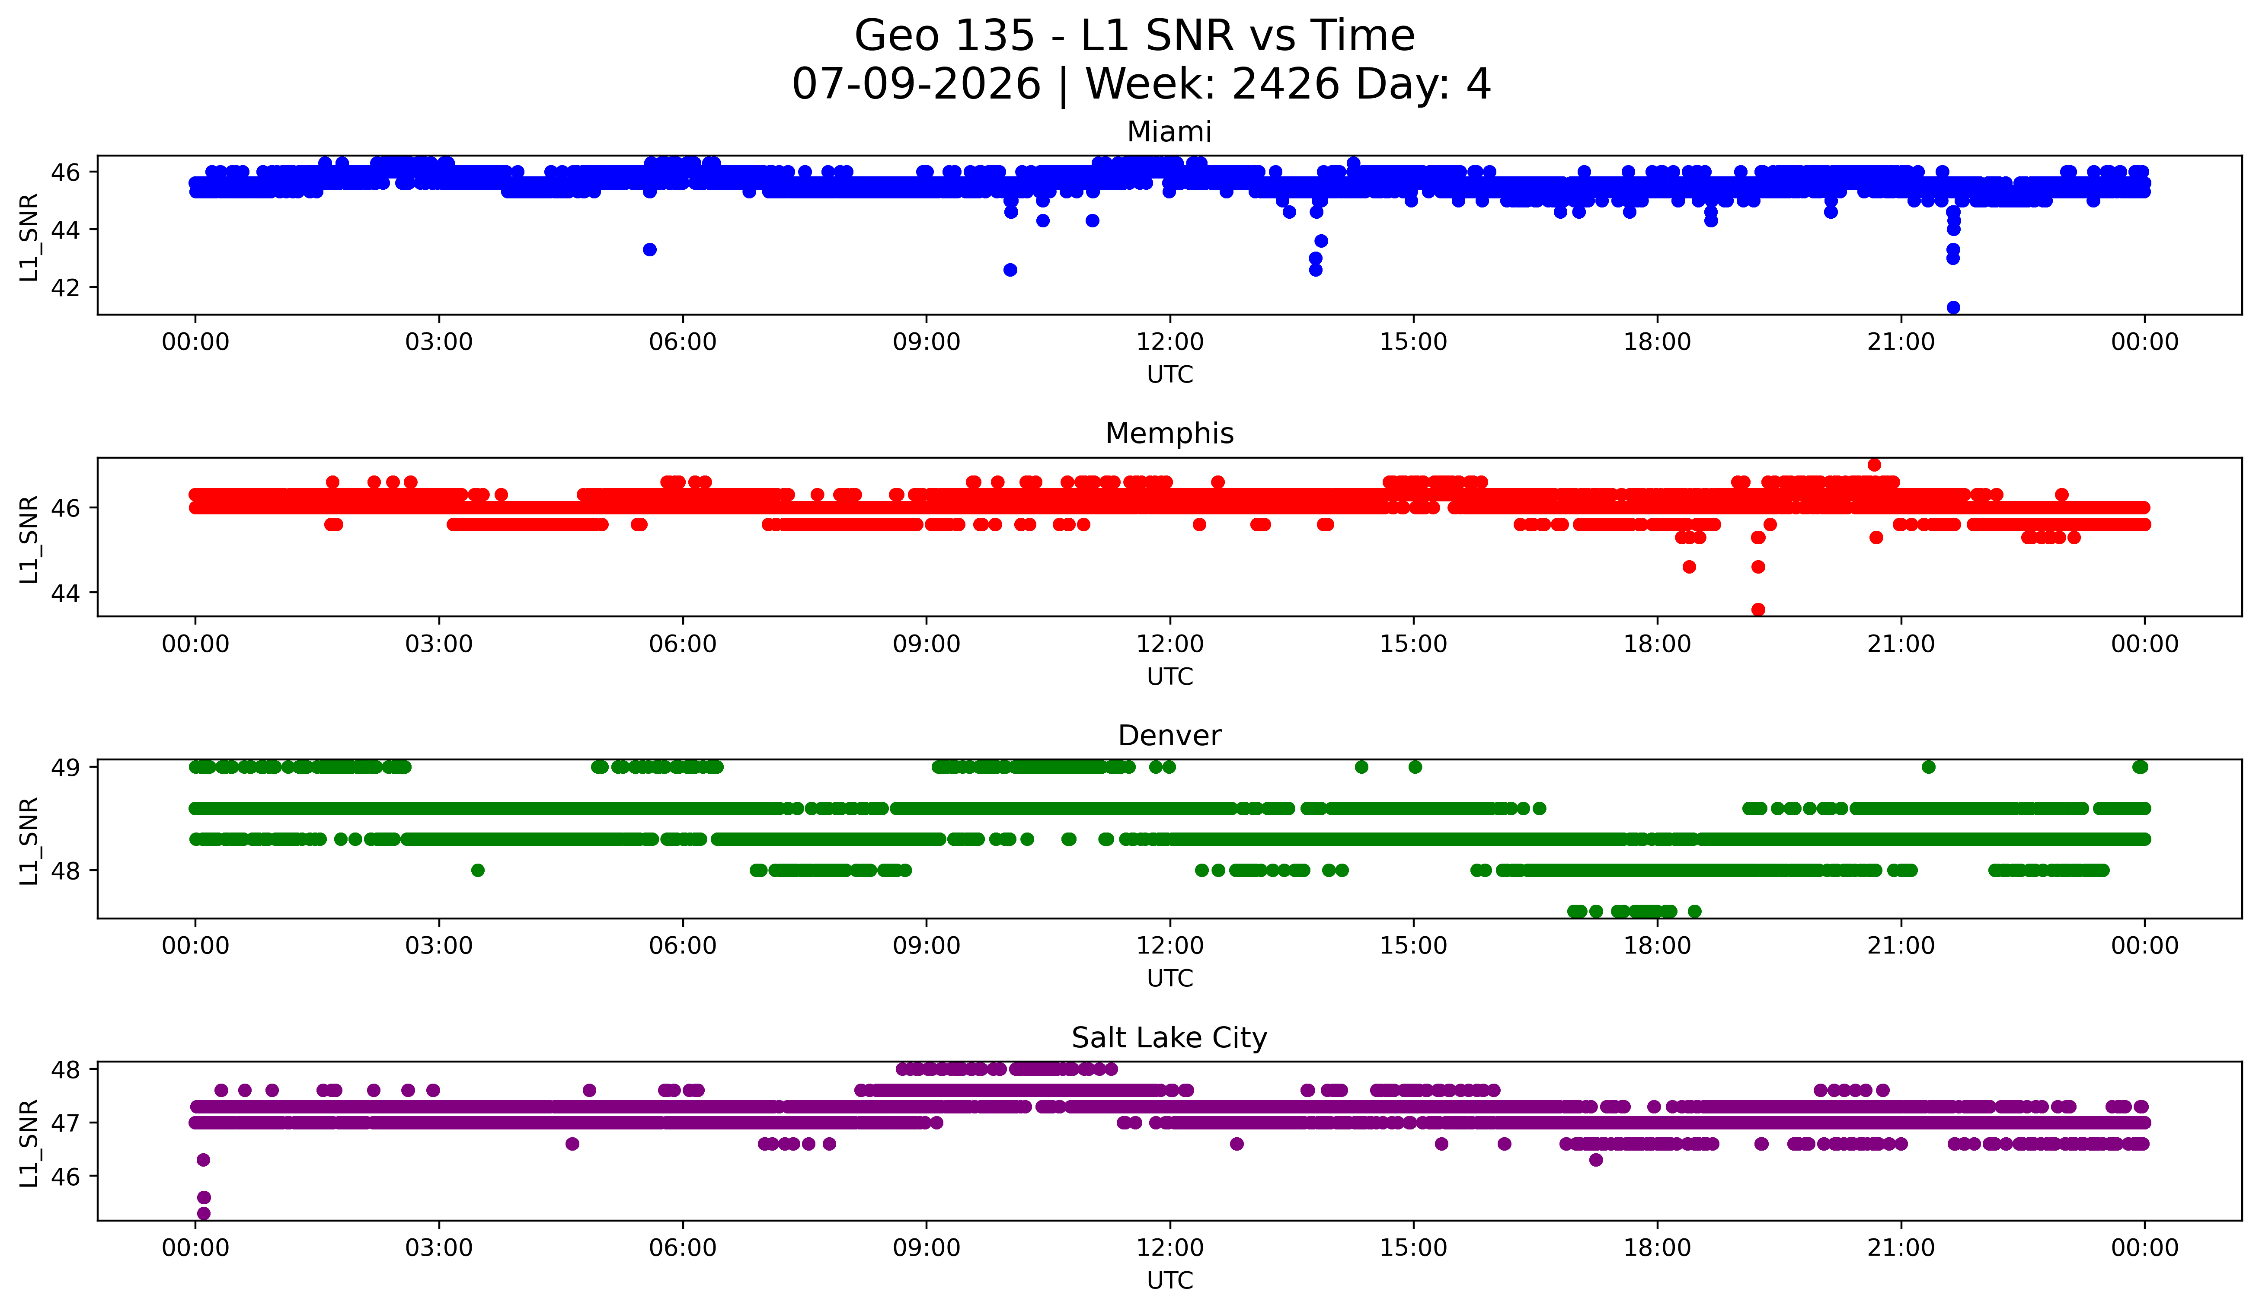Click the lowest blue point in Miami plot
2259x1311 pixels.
1953,307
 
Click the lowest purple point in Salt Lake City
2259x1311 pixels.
204,1213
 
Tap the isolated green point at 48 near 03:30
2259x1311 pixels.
478,870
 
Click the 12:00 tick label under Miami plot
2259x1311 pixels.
1170,342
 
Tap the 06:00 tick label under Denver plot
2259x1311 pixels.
683,946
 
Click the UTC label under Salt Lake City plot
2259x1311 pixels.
1170,1281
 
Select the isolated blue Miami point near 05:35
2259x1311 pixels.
650,249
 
